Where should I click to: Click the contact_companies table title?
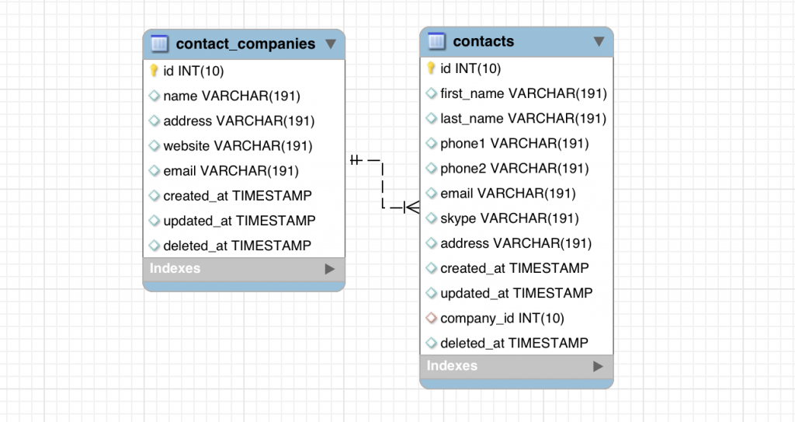click(245, 44)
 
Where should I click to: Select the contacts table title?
click(483, 41)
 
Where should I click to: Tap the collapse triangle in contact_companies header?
click(331, 44)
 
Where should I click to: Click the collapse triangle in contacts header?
click(599, 41)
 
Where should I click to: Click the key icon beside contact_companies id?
click(154, 71)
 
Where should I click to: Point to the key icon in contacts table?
click(432, 68)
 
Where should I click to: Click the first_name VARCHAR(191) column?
click(523, 94)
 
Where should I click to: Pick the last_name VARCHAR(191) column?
click(523, 119)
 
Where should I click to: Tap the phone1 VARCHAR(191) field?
click(514, 144)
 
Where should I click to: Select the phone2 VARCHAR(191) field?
click(514, 169)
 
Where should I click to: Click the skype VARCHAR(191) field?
click(509, 218)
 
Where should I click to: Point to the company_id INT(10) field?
click(502, 318)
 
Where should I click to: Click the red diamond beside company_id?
click(432, 318)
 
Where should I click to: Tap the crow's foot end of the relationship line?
click(411, 208)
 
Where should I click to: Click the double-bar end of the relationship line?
click(356, 160)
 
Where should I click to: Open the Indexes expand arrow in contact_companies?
click(330, 269)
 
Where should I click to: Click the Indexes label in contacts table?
click(452, 366)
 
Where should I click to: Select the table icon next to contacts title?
click(436, 41)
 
